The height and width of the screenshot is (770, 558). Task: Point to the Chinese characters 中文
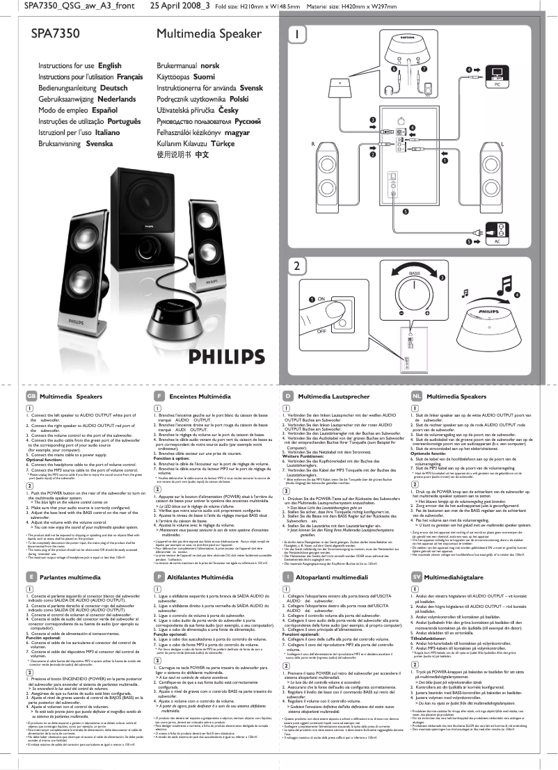point(202,155)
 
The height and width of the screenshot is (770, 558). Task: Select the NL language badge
point(416,396)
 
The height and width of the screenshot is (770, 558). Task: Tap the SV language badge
point(416,577)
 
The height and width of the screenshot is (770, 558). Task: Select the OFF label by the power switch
point(321,332)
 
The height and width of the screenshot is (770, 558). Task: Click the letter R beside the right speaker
point(314,143)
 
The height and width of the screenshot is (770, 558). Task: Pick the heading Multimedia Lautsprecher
point(333,396)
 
